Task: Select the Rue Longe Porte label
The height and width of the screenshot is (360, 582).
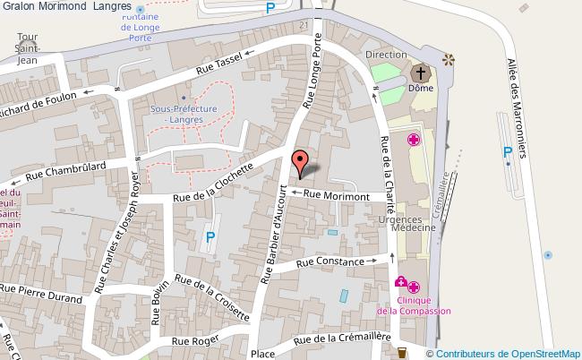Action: [x=313, y=73]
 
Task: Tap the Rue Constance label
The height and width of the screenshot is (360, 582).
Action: [x=330, y=262]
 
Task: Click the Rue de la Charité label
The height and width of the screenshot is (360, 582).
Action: [x=386, y=169]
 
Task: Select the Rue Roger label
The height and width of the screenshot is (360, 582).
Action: [x=194, y=340]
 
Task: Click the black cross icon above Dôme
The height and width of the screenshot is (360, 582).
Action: [x=419, y=73]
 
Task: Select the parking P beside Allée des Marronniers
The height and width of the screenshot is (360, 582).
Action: [x=508, y=151]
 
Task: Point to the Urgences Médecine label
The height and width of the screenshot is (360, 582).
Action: [x=413, y=223]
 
